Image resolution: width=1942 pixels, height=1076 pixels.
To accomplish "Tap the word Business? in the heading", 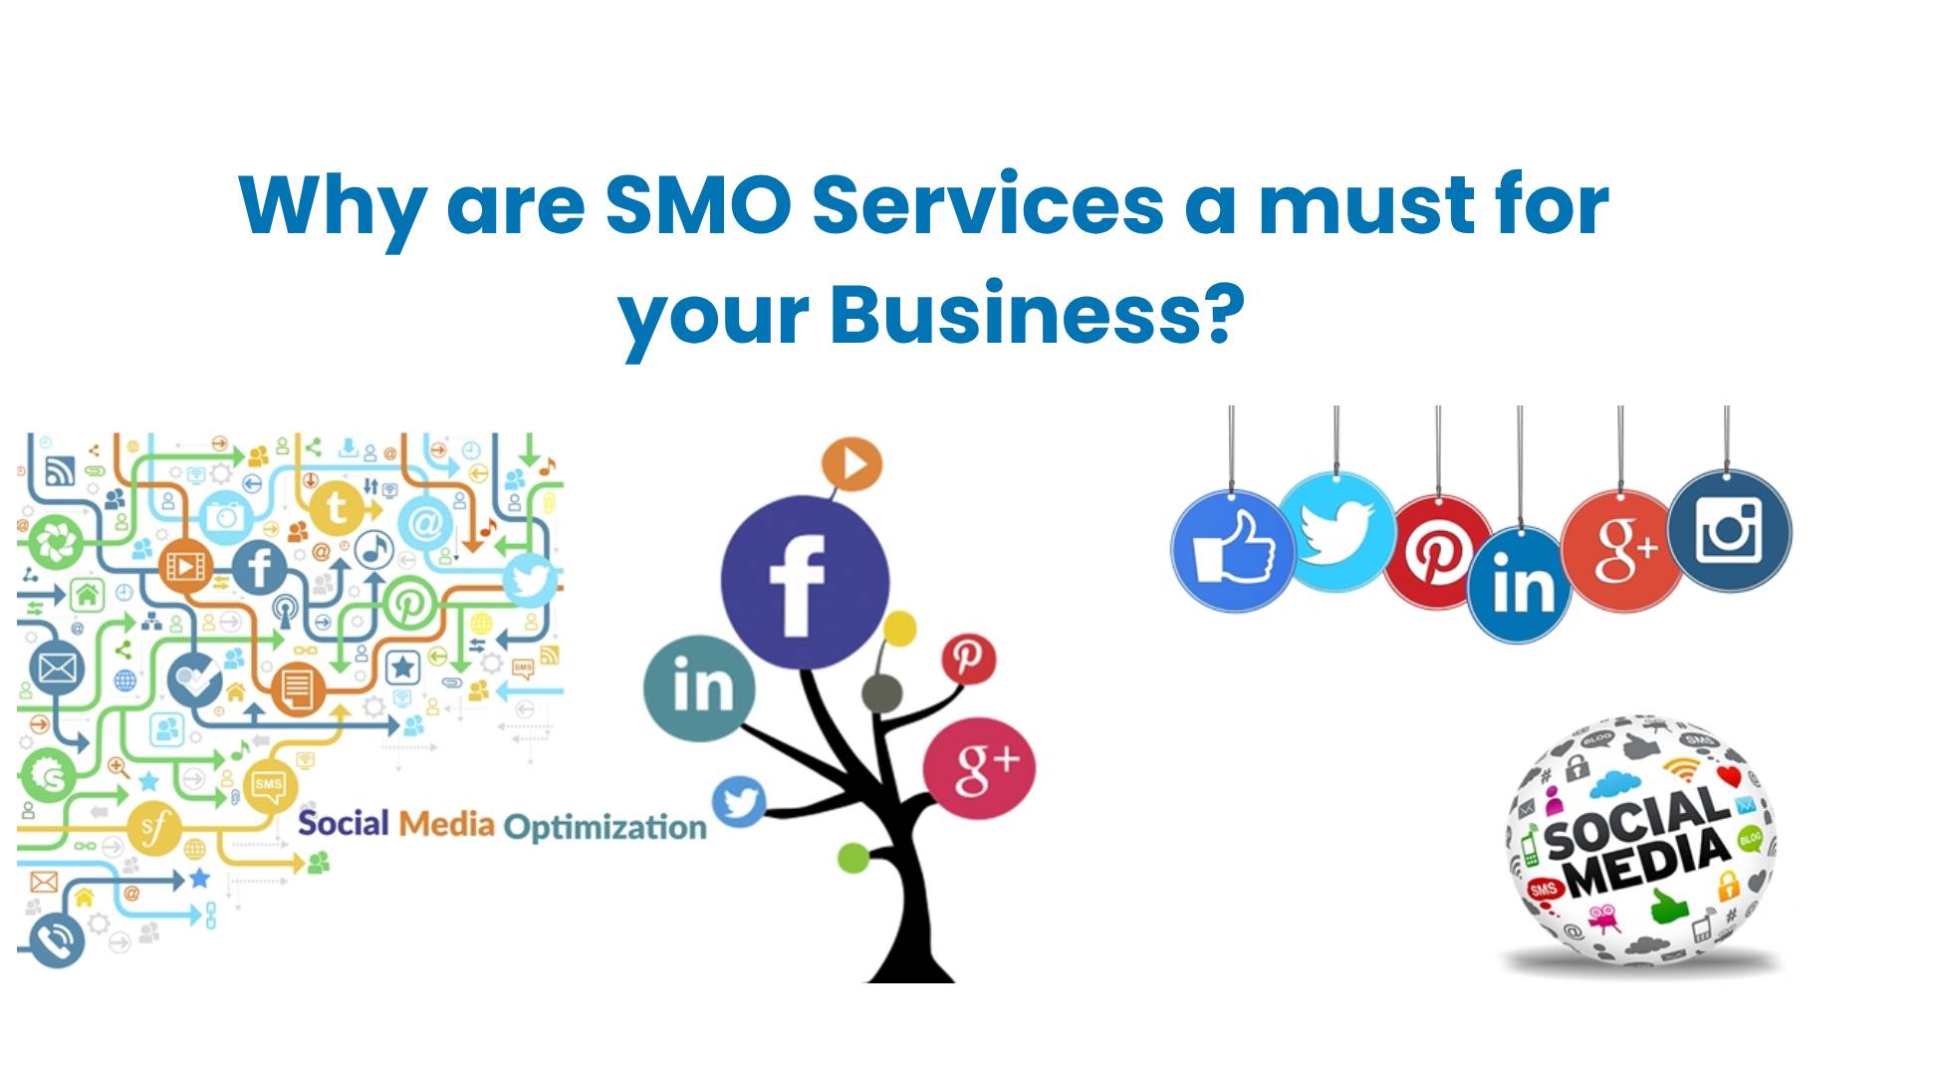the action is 1037,314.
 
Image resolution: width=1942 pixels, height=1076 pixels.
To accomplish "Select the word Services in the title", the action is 988,204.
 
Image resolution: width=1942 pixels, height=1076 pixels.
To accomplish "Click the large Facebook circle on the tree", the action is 805,582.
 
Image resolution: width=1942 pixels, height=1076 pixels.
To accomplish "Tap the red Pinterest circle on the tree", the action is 968,659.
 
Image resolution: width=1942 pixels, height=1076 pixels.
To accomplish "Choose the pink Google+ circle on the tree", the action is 979,768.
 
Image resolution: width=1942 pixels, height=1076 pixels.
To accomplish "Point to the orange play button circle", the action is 851,464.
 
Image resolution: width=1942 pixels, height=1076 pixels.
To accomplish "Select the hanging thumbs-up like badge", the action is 1233,551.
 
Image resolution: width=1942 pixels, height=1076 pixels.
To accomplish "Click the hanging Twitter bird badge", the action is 1336,532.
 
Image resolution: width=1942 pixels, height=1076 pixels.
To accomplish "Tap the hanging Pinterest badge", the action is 1437,552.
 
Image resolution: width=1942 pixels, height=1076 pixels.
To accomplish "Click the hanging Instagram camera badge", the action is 1729,531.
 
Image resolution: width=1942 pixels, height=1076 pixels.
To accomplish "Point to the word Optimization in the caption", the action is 605,827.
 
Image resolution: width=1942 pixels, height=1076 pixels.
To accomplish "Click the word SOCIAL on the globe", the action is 1636,823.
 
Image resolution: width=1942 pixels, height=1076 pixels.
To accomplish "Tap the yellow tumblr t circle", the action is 337,508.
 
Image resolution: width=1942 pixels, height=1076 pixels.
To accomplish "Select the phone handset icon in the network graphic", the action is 57,939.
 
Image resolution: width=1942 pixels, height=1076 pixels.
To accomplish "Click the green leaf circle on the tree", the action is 853,857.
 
